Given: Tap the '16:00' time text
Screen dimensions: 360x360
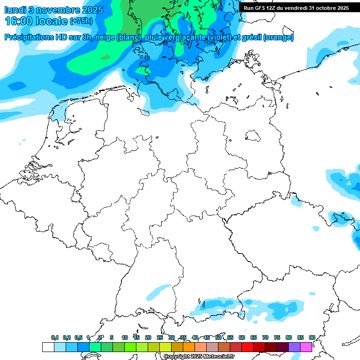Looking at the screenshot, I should (18, 21).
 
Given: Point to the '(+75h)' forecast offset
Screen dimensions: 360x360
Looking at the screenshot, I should (81, 21).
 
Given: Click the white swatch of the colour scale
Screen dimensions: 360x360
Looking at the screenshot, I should (48, 347).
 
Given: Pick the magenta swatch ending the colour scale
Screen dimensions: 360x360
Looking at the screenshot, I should (306, 347).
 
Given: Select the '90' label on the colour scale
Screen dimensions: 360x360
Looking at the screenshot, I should (312, 337).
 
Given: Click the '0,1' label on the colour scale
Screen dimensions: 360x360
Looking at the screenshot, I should (55, 337).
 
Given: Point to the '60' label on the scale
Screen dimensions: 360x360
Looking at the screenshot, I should (242, 337).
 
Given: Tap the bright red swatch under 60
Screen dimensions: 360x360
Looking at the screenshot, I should (247, 347).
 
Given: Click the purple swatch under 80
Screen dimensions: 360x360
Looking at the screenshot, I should (294, 347).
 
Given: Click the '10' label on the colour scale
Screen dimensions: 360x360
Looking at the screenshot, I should (125, 337).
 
